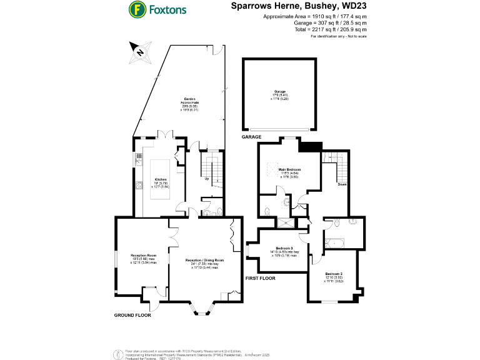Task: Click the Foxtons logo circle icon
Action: click(x=137, y=10)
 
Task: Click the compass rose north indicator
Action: click(x=139, y=51)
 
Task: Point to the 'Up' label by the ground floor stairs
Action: click(x=206, y=179)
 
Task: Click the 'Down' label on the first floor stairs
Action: click(x=342, y=184)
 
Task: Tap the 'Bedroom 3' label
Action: click(x=284, y=249)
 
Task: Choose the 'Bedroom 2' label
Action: click(x=334, y=274)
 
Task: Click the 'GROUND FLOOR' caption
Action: click(x=132, y=315)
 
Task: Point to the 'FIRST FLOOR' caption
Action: click(x=261, y=277)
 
